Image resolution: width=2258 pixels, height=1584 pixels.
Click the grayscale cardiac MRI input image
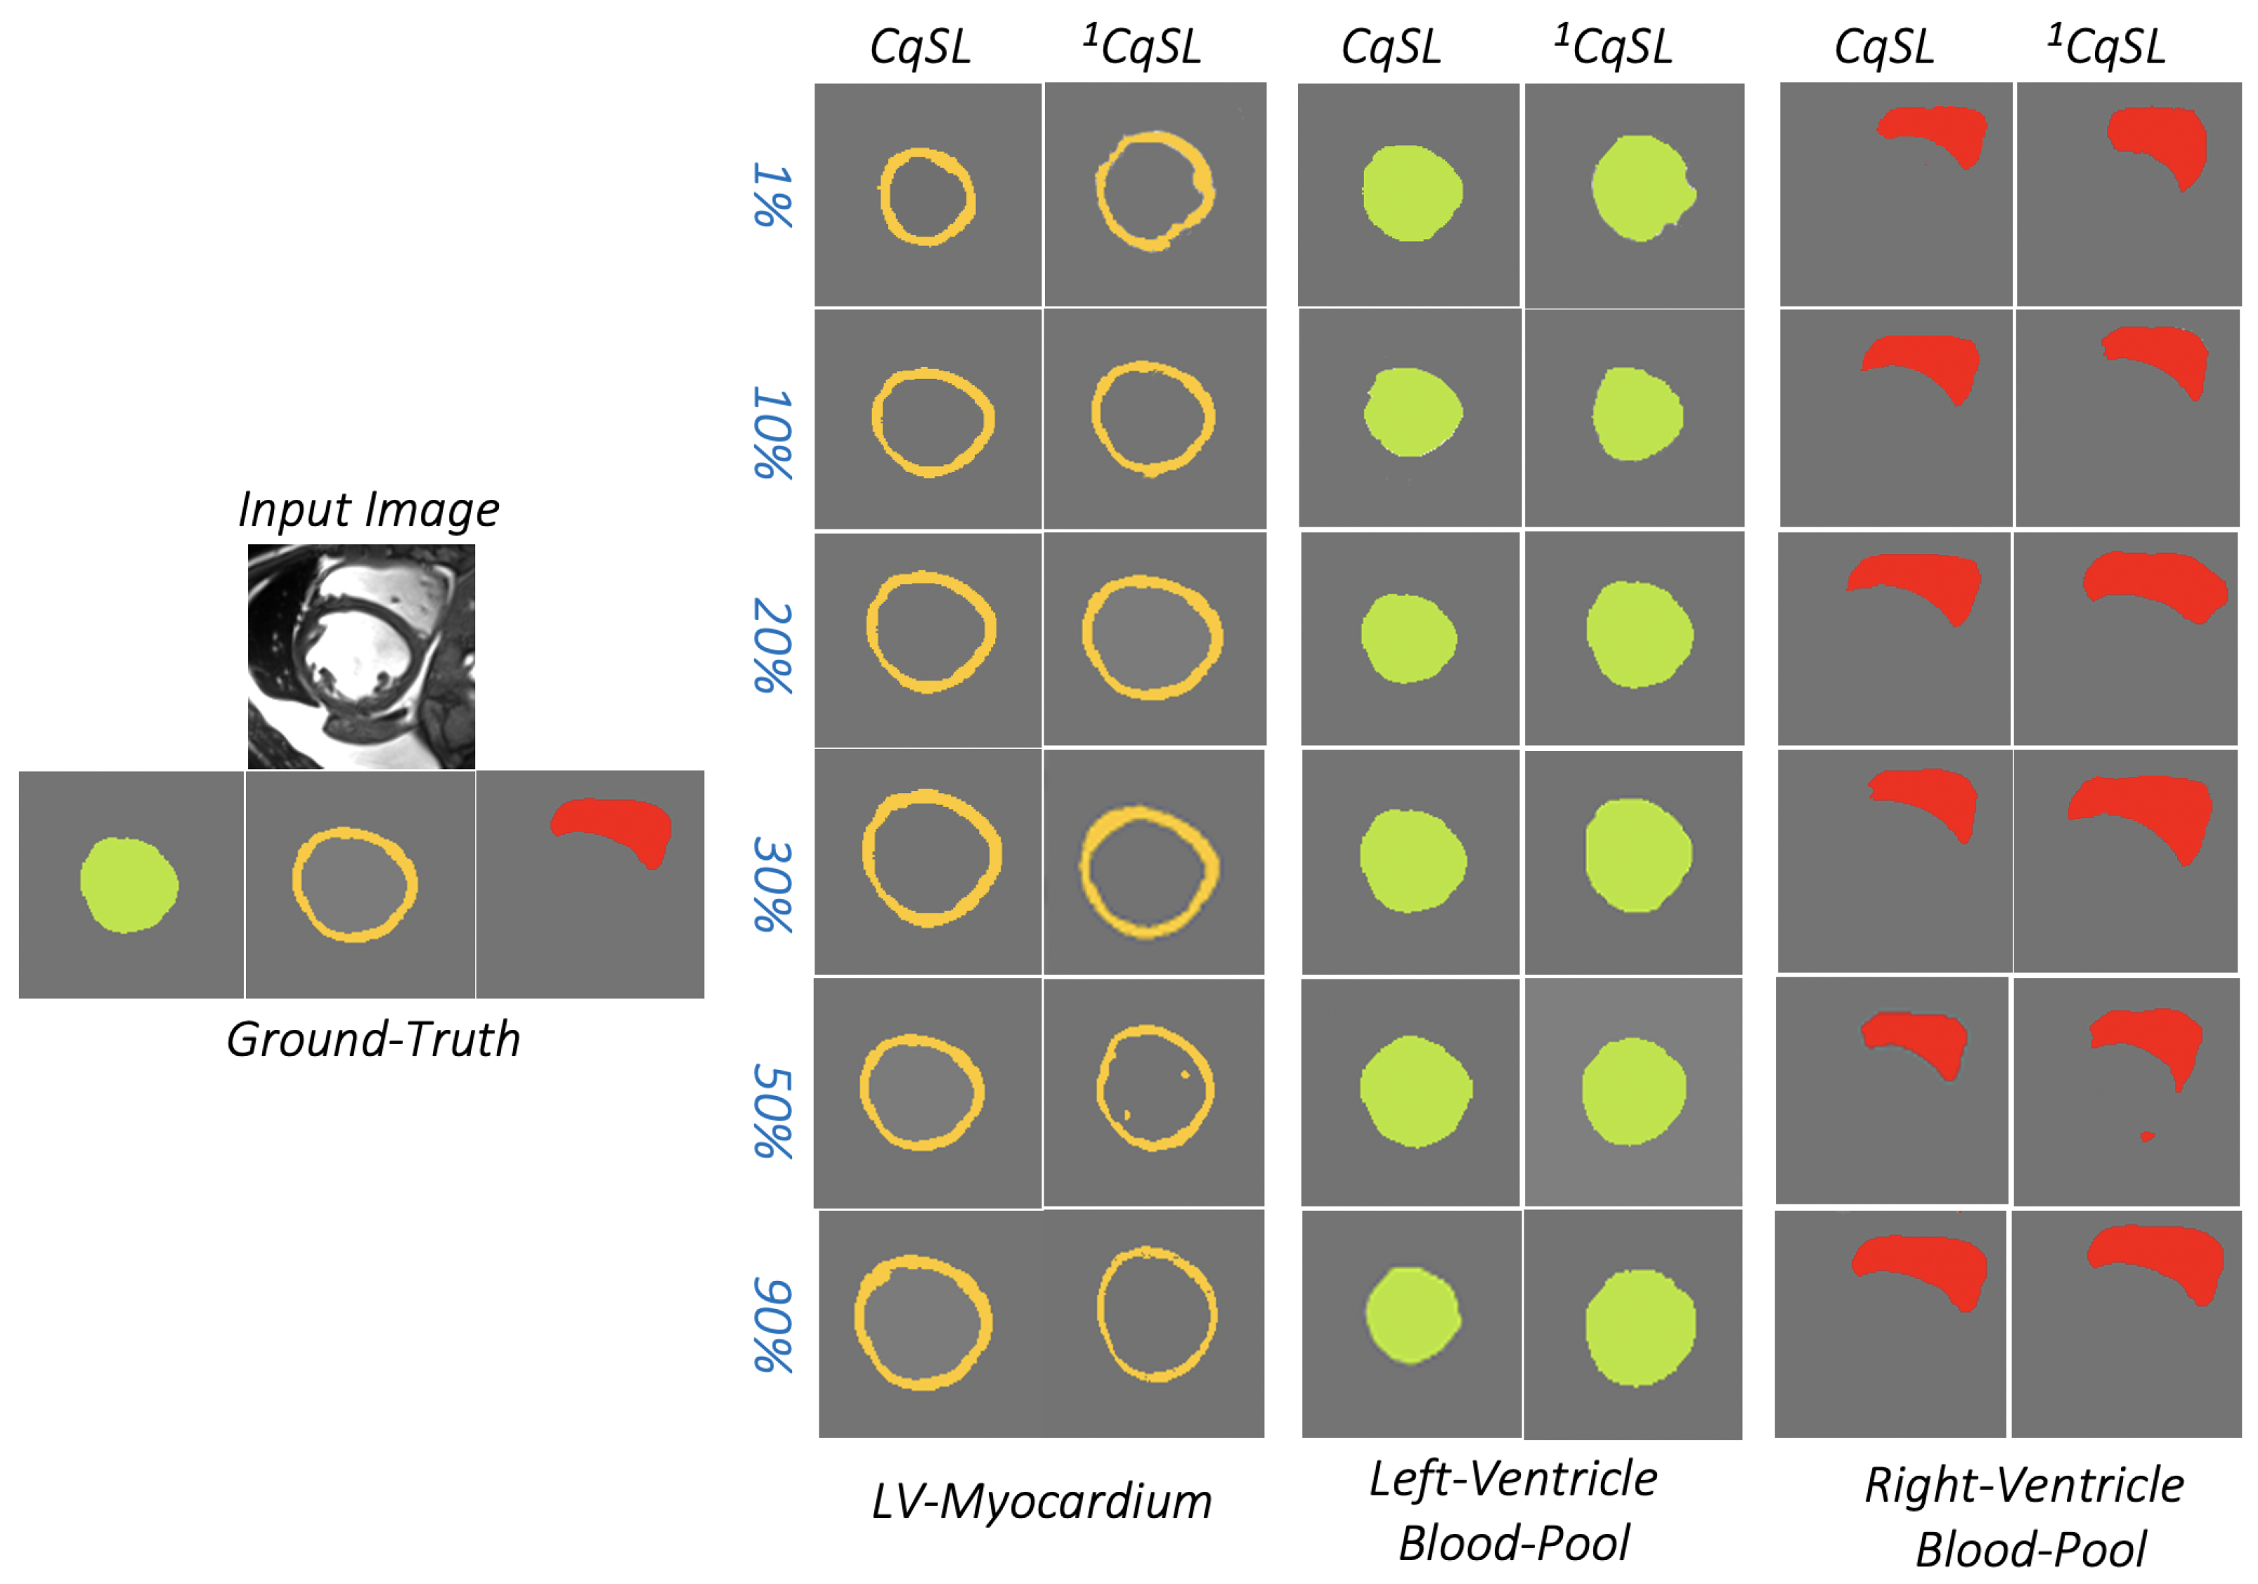(361, 656)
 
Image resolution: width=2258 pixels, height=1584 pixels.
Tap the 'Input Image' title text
(369, 510)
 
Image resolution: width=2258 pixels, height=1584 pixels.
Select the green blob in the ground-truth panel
(129, 884)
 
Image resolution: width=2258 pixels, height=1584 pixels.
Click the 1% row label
(773, 195)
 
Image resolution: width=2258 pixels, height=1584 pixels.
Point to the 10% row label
(773, 433)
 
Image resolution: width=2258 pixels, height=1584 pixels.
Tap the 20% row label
(773, 646)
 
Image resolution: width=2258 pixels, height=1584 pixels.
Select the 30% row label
(773, 884)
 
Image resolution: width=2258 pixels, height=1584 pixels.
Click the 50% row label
(773, 1111)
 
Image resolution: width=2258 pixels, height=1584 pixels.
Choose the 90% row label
(773, 1325)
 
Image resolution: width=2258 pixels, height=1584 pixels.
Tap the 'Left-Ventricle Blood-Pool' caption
(1514, 1511)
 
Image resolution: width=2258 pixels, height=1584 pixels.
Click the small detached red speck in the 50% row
(2147, 1136)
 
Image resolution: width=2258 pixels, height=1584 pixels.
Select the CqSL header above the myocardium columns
(921, 46)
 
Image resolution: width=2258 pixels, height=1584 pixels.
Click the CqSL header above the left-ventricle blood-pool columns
(1391, 46)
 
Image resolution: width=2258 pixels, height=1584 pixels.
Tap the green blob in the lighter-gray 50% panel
(1633, 1090)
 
